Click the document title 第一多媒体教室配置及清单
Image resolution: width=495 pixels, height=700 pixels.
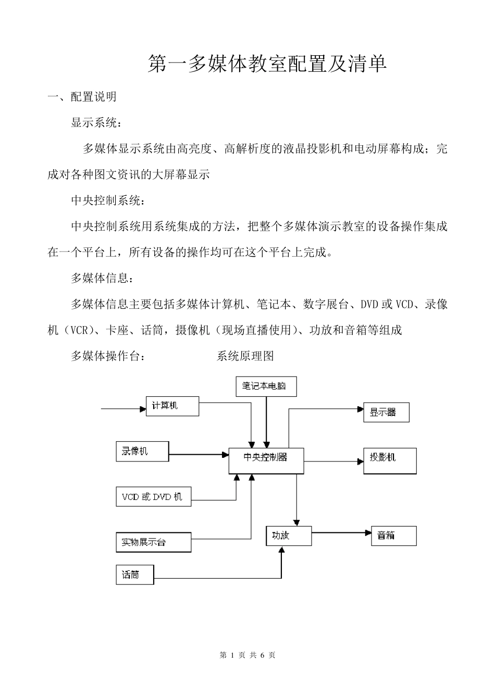click(268, 64)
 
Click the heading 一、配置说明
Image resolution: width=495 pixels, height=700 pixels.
click(82, 97)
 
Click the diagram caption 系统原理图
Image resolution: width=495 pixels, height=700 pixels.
click(245, 356)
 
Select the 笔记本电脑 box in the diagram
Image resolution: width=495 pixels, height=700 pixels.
click(266, 386)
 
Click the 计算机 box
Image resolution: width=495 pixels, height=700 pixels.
click(172, 406)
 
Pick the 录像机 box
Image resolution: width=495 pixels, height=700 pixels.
click(142, 452)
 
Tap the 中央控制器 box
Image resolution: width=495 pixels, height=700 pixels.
click(266, 460)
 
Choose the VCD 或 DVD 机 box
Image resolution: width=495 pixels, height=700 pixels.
click(153, 497)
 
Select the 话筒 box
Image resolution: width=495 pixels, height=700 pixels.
click(134, 575)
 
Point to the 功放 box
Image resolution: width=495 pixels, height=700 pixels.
click(288, 535)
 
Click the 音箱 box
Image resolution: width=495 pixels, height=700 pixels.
click(393, 535)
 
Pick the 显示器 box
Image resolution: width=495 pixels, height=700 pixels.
click(386, 413)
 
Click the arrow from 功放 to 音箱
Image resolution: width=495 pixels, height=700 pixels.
click(341, 533)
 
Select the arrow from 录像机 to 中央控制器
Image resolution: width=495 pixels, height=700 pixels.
click(199, 455)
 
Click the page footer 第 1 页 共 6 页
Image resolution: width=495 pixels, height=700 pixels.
click(247, 655)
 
